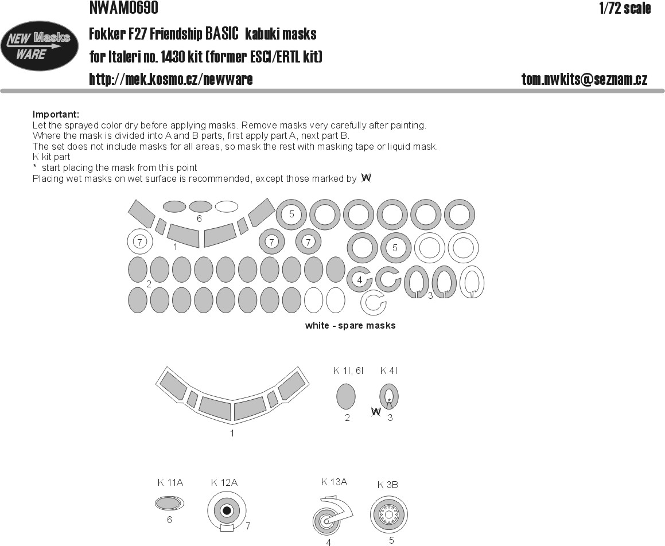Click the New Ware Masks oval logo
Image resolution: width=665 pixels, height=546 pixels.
(x=40, y=46)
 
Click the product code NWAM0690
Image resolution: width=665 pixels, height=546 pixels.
(x=124, y=7)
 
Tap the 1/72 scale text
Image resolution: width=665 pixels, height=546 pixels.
(x=625, y=8)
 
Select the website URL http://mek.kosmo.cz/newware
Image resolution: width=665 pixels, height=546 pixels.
(x=171, y=79)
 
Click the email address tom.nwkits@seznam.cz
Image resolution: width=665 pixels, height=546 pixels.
(x=585, y=79)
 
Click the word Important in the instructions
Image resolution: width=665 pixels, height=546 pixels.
(x=56, y=115)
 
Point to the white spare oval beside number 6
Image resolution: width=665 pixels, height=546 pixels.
(x=227, y=206)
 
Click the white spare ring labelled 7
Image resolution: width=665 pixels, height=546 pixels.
(x=140, y=242)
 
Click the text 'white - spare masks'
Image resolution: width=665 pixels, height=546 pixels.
(x=351, y=326)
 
